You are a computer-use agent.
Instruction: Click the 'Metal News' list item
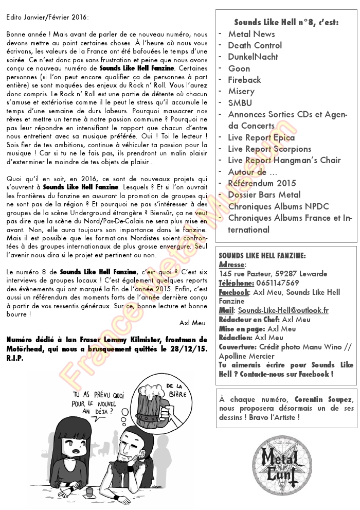tap(251, 34)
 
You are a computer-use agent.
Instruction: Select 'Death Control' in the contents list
tap(255, 45)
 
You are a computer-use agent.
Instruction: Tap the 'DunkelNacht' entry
tap(253, 57)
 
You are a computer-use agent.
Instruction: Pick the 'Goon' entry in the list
tap(239, 68)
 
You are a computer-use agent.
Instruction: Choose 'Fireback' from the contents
tap(245, 80)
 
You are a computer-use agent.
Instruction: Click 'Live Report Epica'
tap(262, 137)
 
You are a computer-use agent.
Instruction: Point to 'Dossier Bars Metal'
tap(264, 195)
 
